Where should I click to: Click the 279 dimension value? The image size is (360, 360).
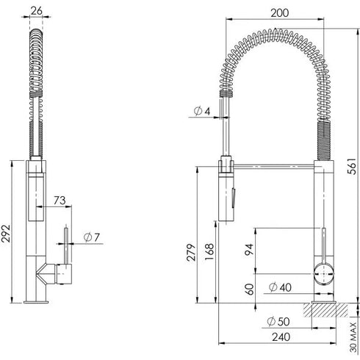click(x=190, y=251)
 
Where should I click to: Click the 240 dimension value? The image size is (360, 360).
click(x=279, y=339)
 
